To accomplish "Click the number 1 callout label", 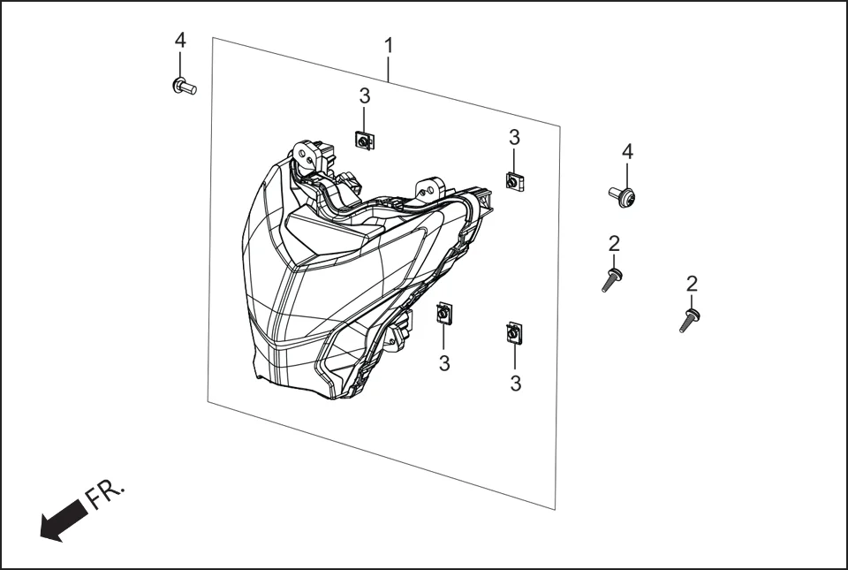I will [389, 44].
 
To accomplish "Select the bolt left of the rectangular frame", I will [183, 86].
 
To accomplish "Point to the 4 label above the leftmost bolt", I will [180, 41].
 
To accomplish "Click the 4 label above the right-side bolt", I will [627, 152].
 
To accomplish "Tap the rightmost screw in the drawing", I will [690, 319].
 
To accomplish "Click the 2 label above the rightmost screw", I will [692, 284].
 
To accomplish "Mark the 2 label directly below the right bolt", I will [614, 243].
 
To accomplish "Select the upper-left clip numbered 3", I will [362, 139].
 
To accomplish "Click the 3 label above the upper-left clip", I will [364, 95].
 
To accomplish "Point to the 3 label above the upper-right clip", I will [514, 137].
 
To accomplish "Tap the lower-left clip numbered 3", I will [443, 313].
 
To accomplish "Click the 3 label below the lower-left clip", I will [444, 362].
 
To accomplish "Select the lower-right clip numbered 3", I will [512, 333].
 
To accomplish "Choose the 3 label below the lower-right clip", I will [516, 383].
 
